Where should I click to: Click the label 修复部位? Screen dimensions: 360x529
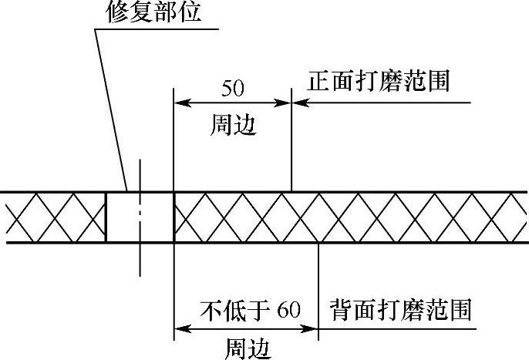[x=154, y=13]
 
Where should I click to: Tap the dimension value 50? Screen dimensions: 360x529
[x=233, y=87]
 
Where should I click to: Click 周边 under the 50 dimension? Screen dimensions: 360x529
[x=233, y=125]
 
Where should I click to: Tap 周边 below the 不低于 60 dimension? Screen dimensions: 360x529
[x=247, y=348]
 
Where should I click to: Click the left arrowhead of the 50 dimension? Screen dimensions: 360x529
[x=180, y=102]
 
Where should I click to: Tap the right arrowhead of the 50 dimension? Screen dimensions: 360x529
[x=285, y=102]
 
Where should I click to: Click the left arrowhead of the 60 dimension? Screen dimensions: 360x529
[x=180, y=330]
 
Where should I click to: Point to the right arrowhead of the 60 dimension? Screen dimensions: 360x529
[x=312, y=330]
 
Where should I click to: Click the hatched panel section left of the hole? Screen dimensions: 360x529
[x=54, y=217]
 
